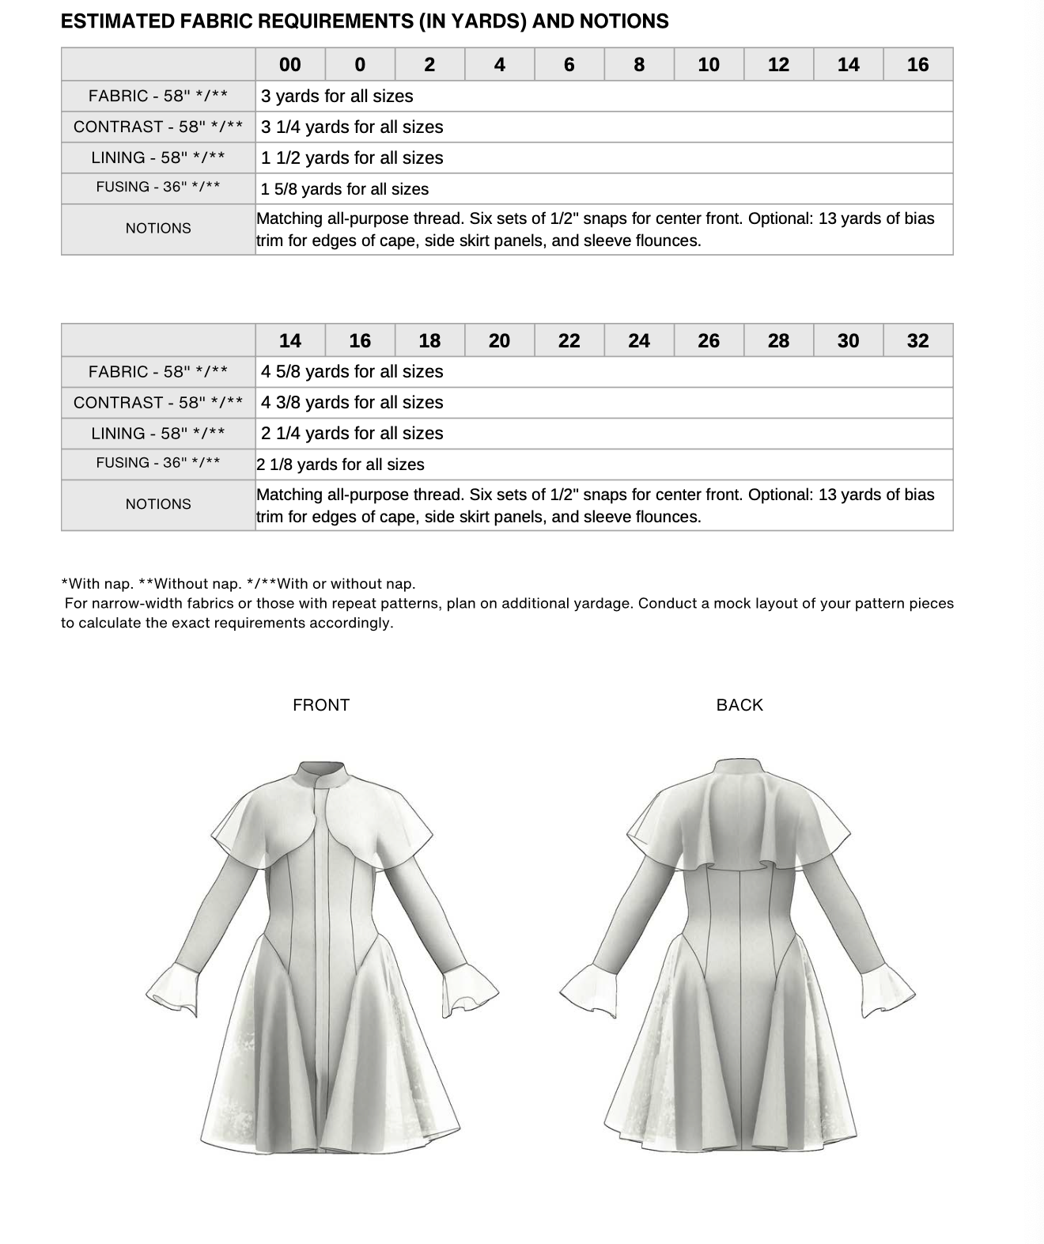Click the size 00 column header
[x=289, y=65]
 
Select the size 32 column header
[x=917, y=341]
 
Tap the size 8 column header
[x=639, y=65]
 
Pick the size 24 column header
[x=638, y=341]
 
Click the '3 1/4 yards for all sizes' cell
[x=352, y=127]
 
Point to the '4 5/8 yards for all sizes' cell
[x=352, y=372]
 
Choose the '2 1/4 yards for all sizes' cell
[x=352, y=434]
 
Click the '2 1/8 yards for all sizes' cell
[x=340, y=465]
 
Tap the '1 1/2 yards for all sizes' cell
[x=352, y=158]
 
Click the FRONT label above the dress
[x=320, y=705]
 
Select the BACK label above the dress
[x=739, y=705]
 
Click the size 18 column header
[x=429, y=341]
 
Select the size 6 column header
[x=569, y=65]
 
